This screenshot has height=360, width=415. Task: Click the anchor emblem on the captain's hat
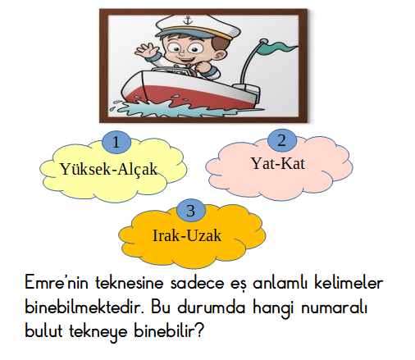[x=187, y=20]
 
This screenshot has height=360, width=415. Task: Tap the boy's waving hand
[x=147, y=50]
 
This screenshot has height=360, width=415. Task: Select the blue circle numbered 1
[x=116, y=143]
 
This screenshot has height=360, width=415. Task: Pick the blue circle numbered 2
[x=281, y=140]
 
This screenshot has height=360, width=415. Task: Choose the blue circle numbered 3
[x=191, y=211]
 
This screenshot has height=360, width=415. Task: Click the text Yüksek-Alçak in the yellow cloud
[x=108, y=169]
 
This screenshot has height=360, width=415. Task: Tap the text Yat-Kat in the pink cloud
[x=278, y=163]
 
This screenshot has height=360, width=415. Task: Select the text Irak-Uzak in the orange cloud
[x=187, y=235]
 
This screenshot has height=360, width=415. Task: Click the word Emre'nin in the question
[x=57, y=282]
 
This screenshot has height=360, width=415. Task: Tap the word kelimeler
[x=349, y=283]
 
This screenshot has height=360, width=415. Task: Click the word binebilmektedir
[x=84, y=308]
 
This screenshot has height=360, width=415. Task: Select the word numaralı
[x=334, y=308]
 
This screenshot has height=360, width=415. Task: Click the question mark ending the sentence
[x=200, y=330]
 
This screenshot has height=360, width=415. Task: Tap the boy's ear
[x=221, y=54]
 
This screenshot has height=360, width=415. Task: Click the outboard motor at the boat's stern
[x=248, y=92]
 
